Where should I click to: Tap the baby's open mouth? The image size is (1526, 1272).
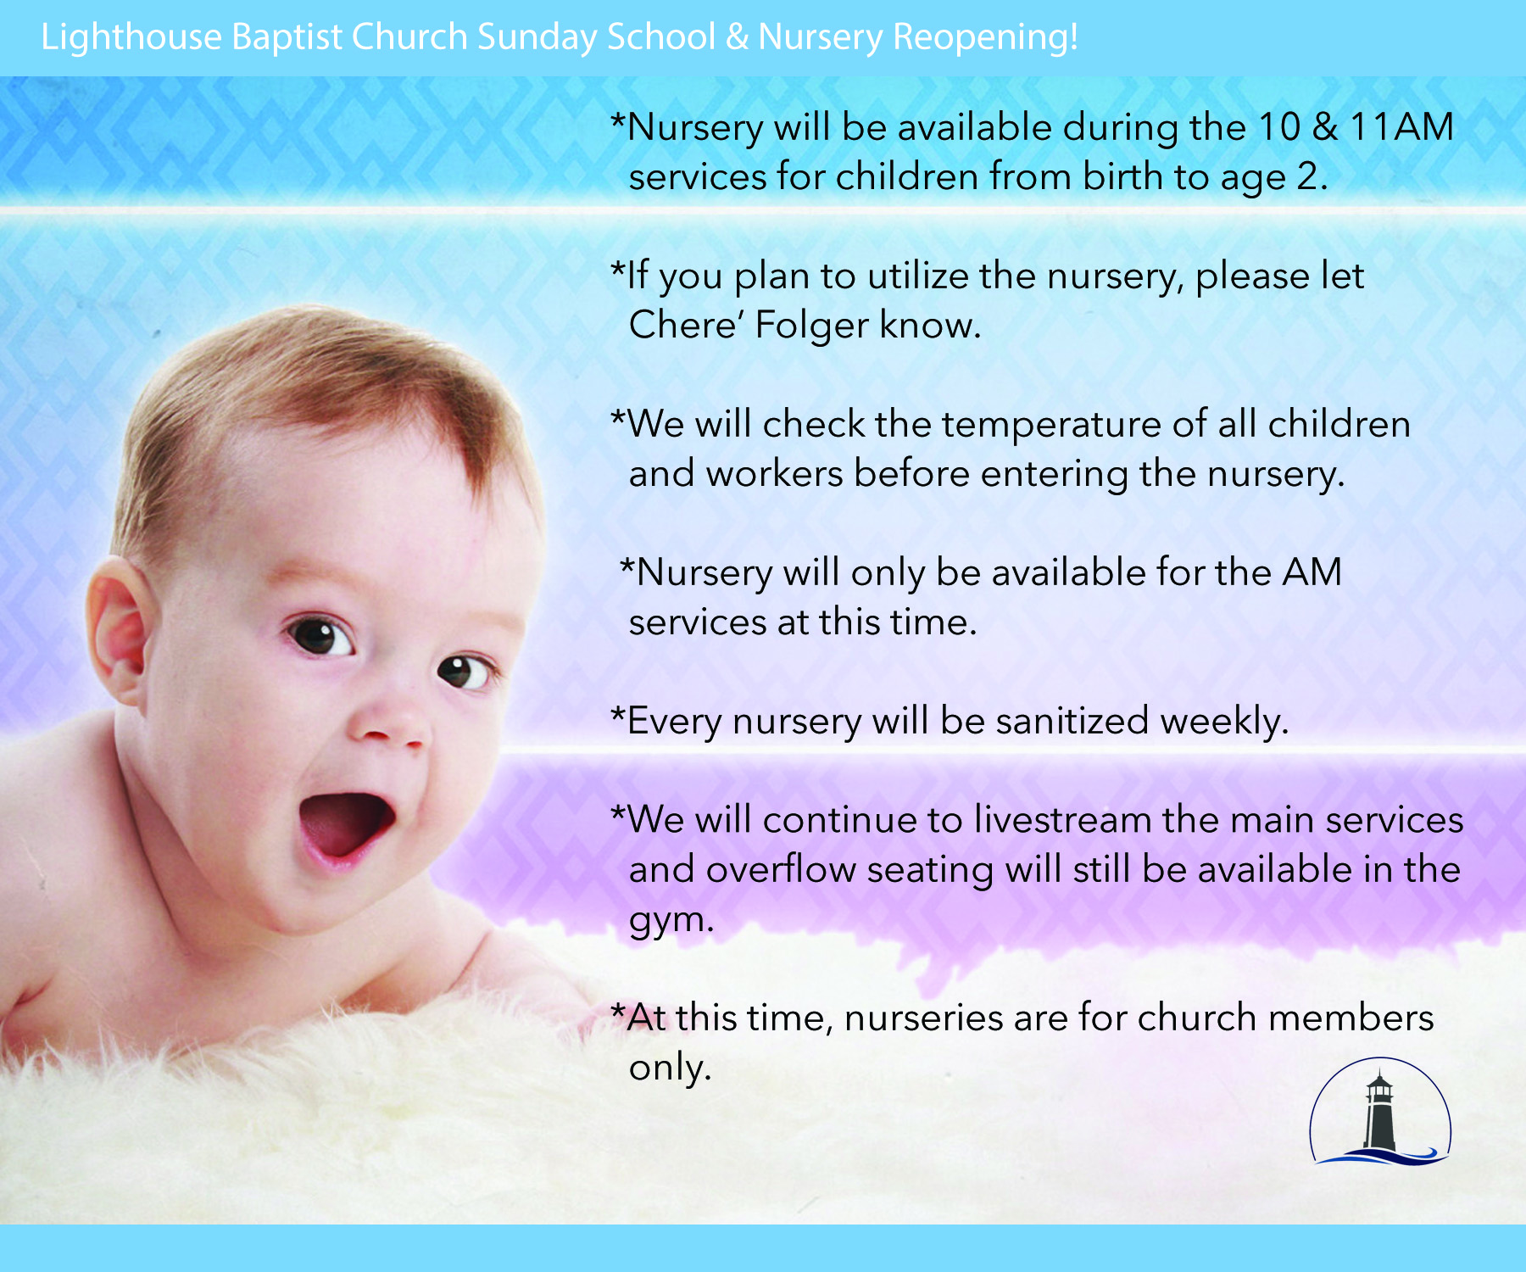point(346,826)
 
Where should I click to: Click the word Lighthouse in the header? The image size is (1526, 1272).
point(131,38)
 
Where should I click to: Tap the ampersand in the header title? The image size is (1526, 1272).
point(737,38)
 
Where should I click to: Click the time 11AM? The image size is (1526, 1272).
point(1401,127)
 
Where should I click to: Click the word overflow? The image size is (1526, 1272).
point(781,870)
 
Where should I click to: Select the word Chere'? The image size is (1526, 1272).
point(687,325)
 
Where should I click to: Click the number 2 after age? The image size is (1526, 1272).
point(1308,177)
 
